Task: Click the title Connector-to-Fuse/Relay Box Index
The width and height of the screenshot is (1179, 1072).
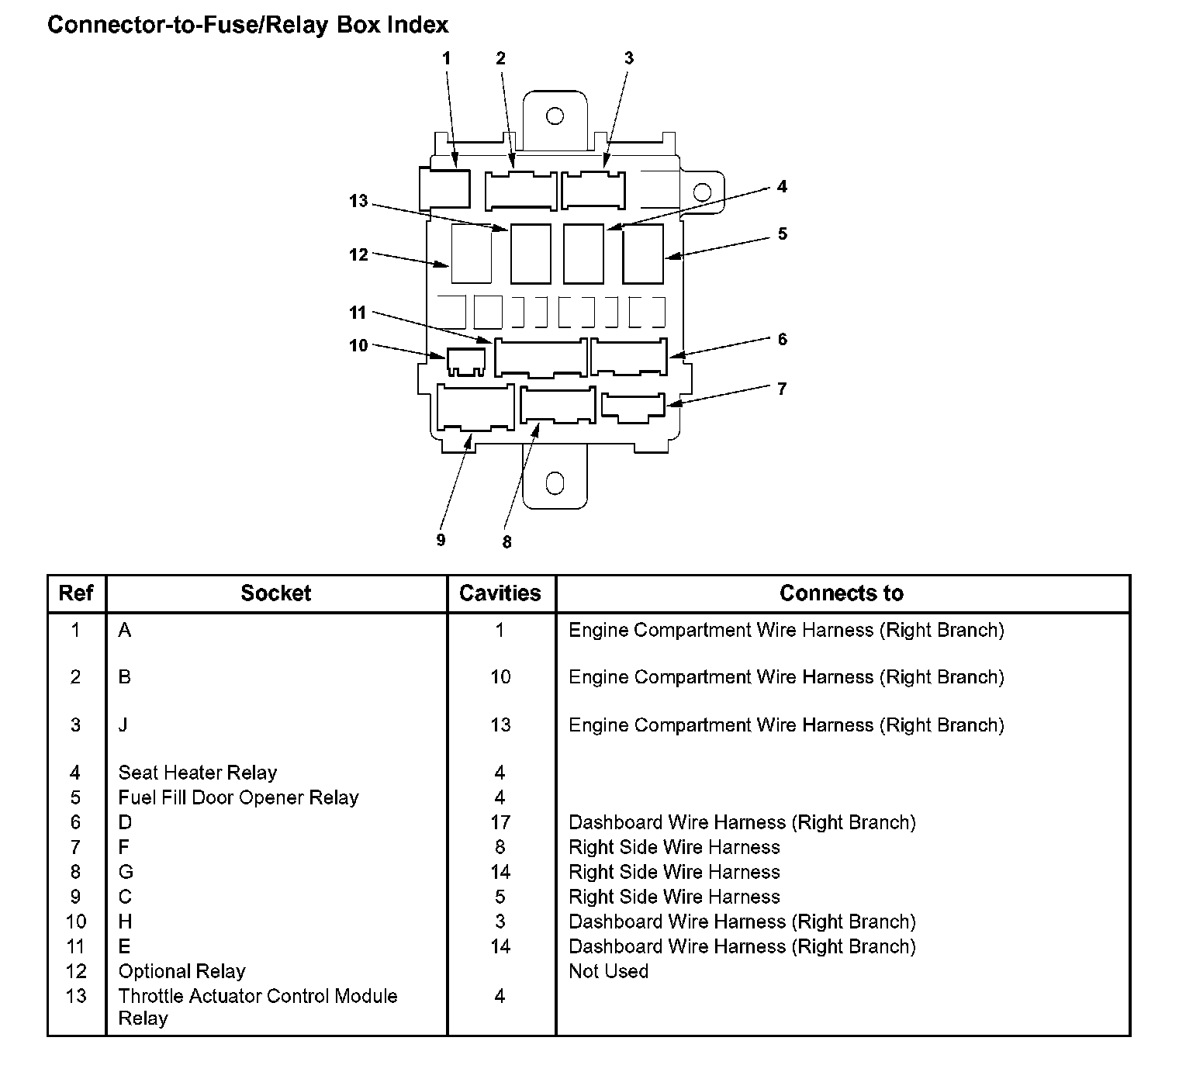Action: click(x=248, y=25)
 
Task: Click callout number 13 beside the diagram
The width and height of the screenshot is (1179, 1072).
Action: click(x=358, y=202)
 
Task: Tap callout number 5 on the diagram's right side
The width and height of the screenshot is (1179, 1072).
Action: click(x=782, y=234)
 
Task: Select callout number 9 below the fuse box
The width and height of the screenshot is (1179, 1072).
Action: click(x=441, y=540)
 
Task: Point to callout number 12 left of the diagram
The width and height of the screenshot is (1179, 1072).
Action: click(x=358, y=254)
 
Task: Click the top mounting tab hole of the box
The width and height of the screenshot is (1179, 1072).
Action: click(x=555, y=116)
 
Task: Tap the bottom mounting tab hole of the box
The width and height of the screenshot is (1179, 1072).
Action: click(x=555, y=483)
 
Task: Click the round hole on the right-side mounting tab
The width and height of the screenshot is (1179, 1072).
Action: click(x=702, y=192)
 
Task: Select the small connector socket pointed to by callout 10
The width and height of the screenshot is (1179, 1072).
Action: click(x=465, y=361)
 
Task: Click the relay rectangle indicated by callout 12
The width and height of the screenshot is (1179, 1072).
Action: click(x=471, y=254)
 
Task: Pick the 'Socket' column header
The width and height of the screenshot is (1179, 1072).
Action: click(x=275, y=593)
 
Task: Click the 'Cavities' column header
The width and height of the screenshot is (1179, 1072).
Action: click(x=500, y=593)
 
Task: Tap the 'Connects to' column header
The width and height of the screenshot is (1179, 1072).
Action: click(x=842, y=593)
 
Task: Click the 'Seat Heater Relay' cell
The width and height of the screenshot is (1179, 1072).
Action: click(x=198, y=773)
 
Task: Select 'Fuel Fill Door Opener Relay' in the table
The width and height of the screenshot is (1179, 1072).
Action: click(x=238, y=797)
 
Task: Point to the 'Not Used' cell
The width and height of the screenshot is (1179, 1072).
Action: click(x=608, y=971)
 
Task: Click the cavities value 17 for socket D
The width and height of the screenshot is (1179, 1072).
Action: click(x=500, y=822)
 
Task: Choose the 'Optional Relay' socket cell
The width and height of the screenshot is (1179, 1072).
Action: click(x=182, y=971)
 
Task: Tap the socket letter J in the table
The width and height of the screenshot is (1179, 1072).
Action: click(x=123, y=725)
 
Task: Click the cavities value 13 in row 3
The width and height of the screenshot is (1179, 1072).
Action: click(x=500, y=725)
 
